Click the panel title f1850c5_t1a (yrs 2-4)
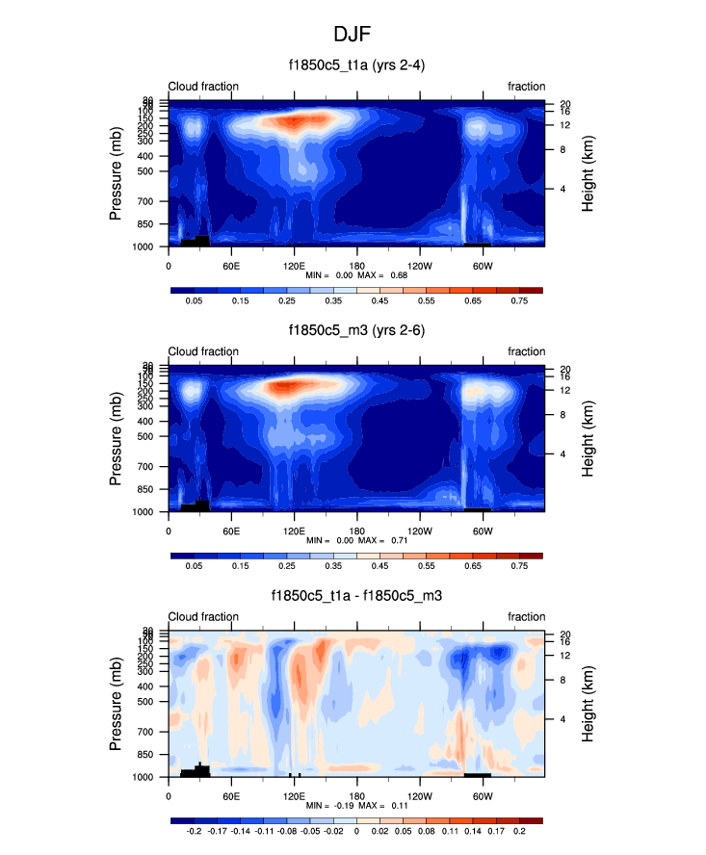coord(357,65)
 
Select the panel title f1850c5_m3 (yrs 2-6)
coord(357,331)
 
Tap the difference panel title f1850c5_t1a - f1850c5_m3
coord(357,596)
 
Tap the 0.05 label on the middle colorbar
coord(194,567)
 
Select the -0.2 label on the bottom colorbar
coord(194,832)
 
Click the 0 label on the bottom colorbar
coord(356,832)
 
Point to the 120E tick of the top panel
coord(294,266)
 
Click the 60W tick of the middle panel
coord(483,531)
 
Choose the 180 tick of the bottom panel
coord(356,796)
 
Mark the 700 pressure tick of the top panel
coord(150,201)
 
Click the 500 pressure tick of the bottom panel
coord(150,702)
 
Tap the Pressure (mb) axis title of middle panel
coord(117,441)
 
